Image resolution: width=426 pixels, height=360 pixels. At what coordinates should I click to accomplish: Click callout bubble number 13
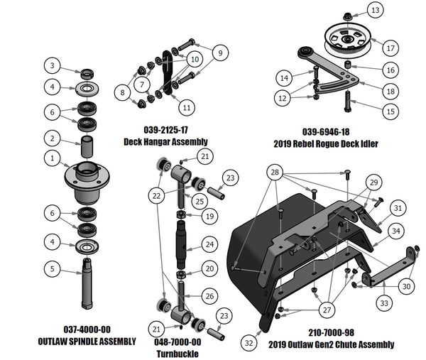point(374,10)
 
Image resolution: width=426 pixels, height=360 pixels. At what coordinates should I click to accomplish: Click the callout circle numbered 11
point(187,108)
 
